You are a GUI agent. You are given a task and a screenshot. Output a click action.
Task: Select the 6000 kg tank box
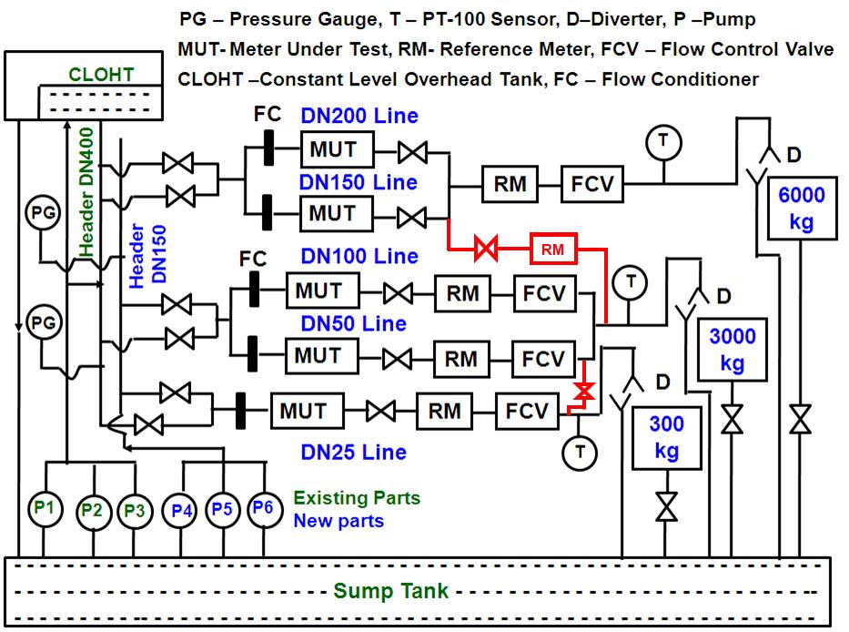coord(802,209)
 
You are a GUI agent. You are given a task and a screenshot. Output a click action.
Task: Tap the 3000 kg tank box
coord(732,350)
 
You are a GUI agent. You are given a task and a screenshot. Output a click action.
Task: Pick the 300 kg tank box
coord(667,438)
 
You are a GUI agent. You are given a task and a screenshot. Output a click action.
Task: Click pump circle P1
coord(44,508)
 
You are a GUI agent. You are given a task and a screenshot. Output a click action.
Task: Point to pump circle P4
coord(182,509)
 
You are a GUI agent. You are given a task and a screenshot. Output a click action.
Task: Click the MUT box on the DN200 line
coord(333,149)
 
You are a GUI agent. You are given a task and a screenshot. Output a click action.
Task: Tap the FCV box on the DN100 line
coord(543,293)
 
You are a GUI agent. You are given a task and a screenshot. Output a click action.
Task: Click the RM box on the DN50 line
coord(460,358)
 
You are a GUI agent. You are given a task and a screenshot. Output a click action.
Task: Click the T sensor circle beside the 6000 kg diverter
coord(662,141)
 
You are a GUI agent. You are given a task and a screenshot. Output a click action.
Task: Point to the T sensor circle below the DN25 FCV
coord(576,450)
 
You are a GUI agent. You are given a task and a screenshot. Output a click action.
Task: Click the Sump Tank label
coord(391,591)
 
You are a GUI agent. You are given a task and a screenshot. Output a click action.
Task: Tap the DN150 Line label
coord(359,182)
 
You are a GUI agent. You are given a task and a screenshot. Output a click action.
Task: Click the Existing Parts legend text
coord(356,498)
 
